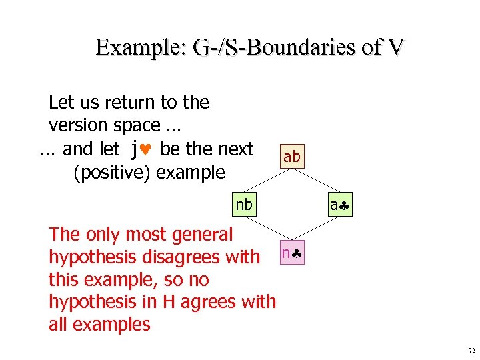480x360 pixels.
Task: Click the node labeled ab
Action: point(292,157)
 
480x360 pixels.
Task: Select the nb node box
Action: point(244,205)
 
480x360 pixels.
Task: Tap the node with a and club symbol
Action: point(339,205)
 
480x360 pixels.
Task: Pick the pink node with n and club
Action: point(292,253)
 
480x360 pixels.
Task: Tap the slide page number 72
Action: point(471,350)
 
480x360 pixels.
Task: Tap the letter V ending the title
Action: point(395,47)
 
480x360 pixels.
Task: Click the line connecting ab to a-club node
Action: point(316,181)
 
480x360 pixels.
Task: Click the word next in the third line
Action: point(232,149)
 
